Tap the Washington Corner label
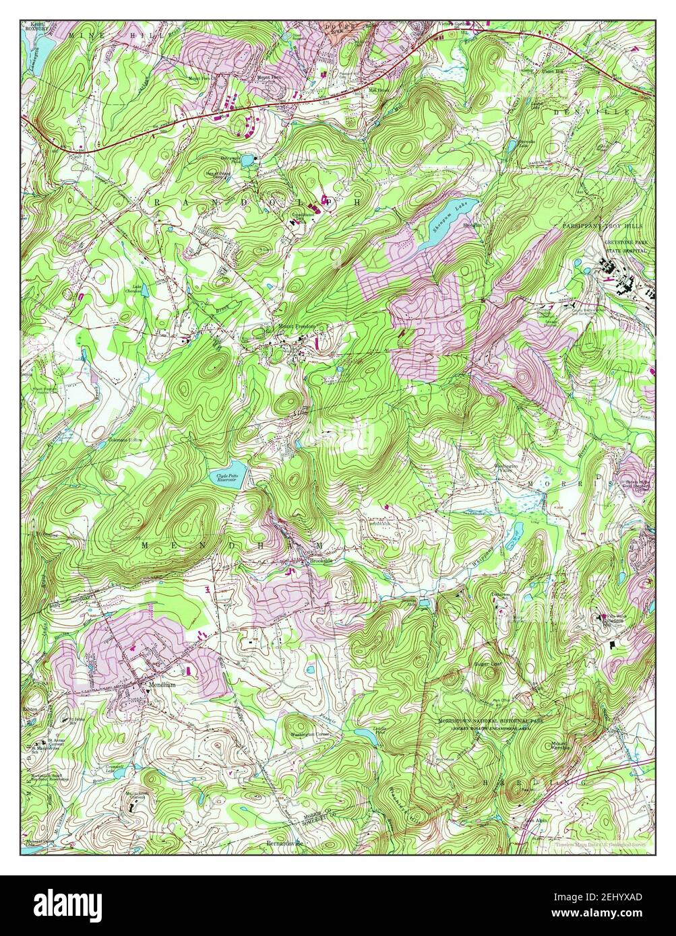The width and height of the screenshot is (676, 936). (x=310, y=734)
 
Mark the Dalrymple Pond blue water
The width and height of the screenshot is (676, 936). (x=248, y=160)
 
